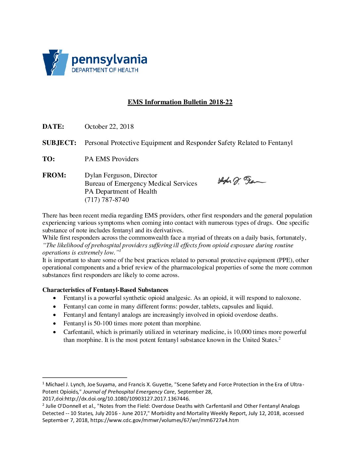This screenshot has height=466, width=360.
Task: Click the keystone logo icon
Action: [55, 63]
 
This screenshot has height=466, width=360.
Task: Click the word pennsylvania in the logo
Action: [109, 60]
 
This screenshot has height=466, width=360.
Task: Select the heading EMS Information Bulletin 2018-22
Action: [180, 102]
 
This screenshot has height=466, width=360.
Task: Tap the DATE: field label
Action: [53, 126]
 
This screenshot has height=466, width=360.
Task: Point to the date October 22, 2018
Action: [109, 126]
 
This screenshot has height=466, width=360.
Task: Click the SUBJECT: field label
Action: [59, 143]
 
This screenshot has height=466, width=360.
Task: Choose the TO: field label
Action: [49, 159]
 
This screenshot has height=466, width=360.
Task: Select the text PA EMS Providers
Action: [112, 159]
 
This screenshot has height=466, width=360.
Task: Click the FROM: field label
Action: [54, 175]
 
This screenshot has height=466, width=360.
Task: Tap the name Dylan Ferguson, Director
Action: [121, 175]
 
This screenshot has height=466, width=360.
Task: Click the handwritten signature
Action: [241, 181]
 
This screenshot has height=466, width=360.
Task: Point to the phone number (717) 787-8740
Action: [107, 200]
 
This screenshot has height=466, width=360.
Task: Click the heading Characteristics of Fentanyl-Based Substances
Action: [105, 290]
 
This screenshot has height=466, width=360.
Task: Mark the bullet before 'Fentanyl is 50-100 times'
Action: [55, 323]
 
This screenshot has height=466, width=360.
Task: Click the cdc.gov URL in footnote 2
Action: [164, 420]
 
